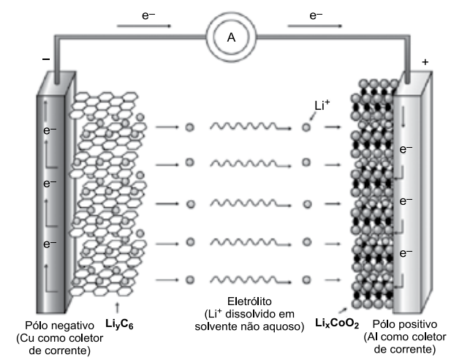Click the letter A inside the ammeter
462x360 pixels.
tap(231, 37)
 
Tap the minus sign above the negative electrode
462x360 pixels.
tap(46, 59)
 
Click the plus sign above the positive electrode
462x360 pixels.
tap(425, 62)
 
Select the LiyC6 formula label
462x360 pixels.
tap(119, 324)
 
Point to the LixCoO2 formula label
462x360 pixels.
tap(337, 323)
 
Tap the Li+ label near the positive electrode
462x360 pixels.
tap(322, 105)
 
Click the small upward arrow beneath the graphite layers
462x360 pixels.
tap(118, 307)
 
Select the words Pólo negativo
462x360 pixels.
tap(59, 325)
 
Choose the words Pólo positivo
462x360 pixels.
tap(404, 324)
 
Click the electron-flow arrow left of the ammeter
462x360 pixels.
tap(144, 26)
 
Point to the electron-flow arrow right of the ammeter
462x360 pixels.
tap(314, 26)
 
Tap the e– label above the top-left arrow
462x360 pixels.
tap(148, 15)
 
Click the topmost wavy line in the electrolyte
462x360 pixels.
tap(251, 127)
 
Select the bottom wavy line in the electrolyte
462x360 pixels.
tap(251, 280)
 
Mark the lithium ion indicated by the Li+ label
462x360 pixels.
tap(306, 127)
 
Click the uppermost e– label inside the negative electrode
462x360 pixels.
tap(50, 130)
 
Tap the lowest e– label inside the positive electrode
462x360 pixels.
tap(406, 252)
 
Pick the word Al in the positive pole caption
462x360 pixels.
tap(372, 337)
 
